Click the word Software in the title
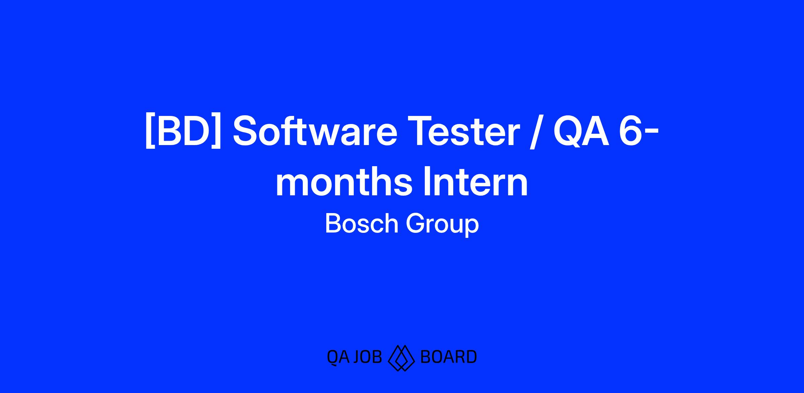315,132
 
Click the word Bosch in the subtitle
361,223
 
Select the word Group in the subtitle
443,225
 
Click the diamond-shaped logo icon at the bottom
401,358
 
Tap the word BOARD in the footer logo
448,357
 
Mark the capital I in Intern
427,181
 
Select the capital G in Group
415,223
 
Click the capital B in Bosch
333,223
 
